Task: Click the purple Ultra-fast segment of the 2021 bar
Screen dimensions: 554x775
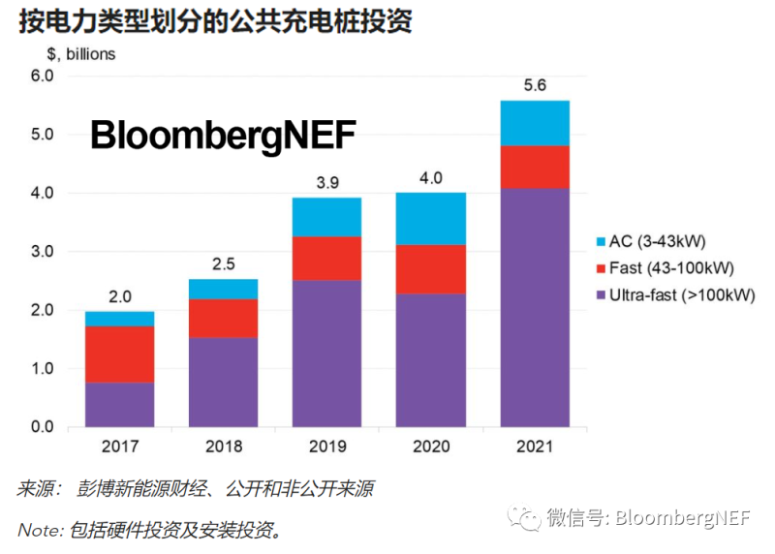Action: click(535, 307)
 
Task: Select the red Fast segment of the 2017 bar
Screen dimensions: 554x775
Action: click(119, 354)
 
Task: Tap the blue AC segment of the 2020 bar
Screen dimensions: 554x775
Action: click(431, 219)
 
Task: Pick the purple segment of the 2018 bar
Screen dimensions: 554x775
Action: click(223, 382)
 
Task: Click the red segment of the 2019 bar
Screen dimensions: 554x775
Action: click(326, 259)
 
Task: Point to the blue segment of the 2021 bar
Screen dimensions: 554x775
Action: click(535, 123)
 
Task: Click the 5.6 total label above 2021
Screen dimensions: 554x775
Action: click(535, 85)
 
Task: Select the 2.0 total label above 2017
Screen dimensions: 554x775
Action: click(119, 296)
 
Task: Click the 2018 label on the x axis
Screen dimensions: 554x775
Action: click(223, 446)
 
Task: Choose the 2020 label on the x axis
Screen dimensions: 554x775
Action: click(431, 446)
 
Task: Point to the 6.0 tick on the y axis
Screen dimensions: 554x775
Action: click(45, 76)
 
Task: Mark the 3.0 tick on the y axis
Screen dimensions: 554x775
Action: click(45, 252)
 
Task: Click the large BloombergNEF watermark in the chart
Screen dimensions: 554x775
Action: click(224, 137)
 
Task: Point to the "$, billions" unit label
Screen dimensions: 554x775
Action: click(81, 54)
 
